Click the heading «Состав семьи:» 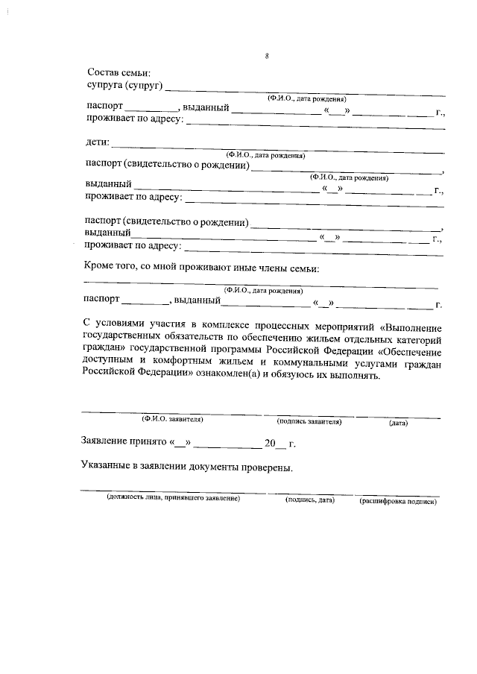tap(119, 73)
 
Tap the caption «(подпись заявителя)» tap(309, 421)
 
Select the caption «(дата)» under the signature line tap(397, 423)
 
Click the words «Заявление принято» tap(124, 443)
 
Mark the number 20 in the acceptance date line tap(270, 443)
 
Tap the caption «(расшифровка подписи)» tap(398, 501)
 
